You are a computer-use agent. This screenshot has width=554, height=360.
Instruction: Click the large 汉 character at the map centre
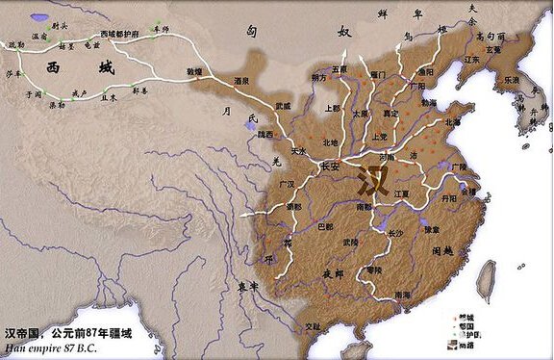372,180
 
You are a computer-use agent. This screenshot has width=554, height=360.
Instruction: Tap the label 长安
329,166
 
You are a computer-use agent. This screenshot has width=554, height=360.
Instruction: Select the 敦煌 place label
194,70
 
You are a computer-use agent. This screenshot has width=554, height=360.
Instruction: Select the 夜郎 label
333,273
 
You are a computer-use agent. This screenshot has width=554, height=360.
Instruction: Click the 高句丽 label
491,36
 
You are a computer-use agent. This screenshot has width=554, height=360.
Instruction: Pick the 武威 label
282,105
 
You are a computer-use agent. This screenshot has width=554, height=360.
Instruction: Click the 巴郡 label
327,228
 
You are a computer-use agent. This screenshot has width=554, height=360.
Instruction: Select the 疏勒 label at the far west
15,44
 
